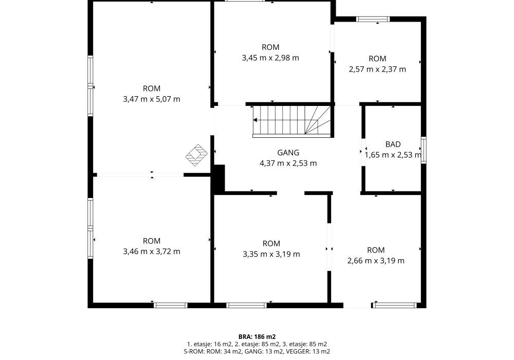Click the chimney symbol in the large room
[196, 155]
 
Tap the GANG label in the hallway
[288, 152]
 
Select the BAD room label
[393, 145]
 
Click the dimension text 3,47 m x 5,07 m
[152, 99]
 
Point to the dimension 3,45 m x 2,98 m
[270, 58]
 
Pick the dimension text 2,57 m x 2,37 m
[377, 69]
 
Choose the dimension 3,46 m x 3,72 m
[152, 251]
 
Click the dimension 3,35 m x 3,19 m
[271, 254]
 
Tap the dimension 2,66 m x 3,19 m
[376, 261]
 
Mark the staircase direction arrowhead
[255, 120]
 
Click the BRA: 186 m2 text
[257, 337]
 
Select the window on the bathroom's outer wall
[424, 150]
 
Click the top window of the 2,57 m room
[373, 19]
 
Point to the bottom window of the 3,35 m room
[247, 305]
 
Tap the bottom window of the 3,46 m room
[171, 305]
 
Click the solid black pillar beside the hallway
[219, 178]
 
